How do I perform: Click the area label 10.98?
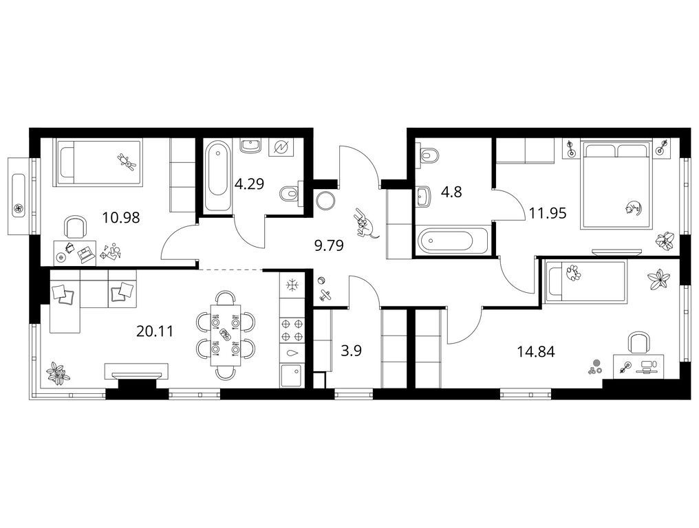click(x=121, y=218)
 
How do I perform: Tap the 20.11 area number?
click(x=155, y=331)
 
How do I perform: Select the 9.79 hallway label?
click(x=329, y=245)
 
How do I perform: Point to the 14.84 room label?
click(x=536, y=351)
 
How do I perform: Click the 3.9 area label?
click(x=351, y=351)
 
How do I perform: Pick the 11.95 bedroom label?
click(x=548, y=213)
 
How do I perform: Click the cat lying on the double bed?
click(x=633, y=207)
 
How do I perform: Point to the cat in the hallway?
click(x=365, y=223)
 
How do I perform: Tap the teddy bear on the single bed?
click(x=127, y=162)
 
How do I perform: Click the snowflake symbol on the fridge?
click(x=292, y=285)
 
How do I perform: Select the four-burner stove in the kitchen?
click(x=292, y=329)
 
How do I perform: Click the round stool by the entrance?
click(x=325, y=201)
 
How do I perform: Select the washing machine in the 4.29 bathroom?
click(x=281, y=147)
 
